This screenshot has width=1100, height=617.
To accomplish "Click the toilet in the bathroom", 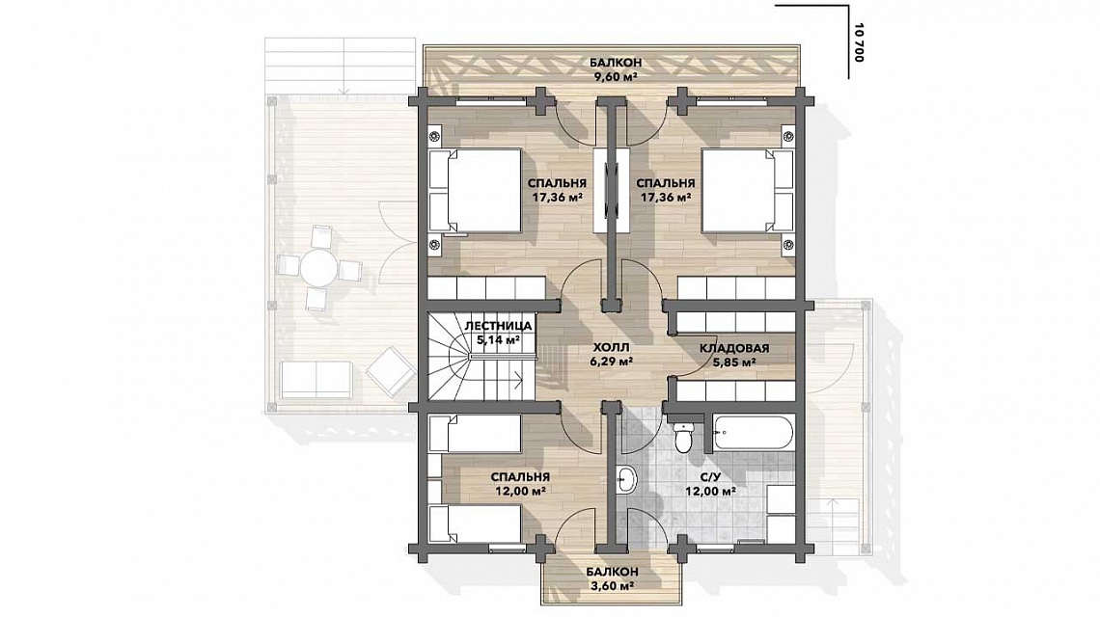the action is tap(681, 435).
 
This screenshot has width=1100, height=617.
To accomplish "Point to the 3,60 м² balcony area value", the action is tap(613, 585).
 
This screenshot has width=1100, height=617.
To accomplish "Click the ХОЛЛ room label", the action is tap(611, 347).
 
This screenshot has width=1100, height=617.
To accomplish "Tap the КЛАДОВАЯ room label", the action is tap(733, 348).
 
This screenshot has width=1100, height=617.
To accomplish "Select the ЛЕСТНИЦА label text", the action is tap(498, 327).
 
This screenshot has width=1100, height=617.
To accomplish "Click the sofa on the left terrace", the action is tap(316, 379).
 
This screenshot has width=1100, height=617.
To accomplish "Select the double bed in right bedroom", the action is tap(748, 189).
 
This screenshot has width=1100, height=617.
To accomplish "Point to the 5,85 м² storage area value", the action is tap(733, 362).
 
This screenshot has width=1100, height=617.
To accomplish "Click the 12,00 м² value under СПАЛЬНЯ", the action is tap(520, 491).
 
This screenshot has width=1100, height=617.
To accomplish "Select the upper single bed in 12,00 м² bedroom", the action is tap(475, 433).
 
